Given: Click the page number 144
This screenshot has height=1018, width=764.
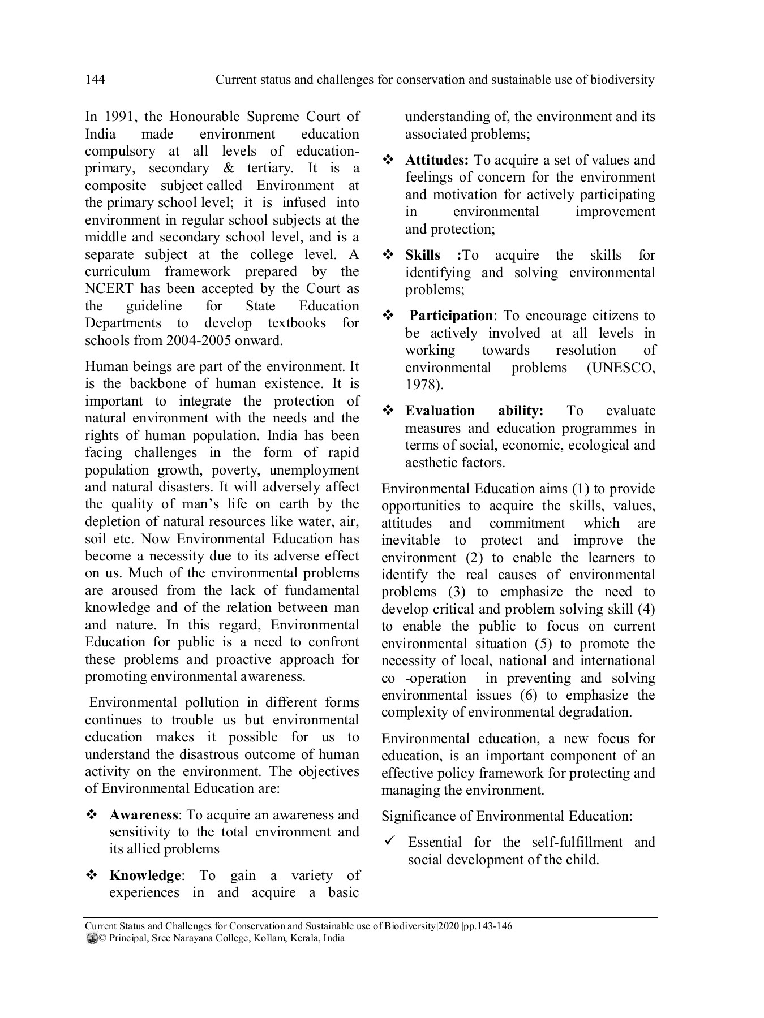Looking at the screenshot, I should click(95, 80).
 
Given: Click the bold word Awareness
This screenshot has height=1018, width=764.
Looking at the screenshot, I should click(144, 815).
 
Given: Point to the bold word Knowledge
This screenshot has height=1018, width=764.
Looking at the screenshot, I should click(145, 875).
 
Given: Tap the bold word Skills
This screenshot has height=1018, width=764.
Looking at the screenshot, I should click(422, 255).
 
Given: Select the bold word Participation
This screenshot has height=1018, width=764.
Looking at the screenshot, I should click(451, 316).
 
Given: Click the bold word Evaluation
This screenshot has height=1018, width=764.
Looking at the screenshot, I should click(440, 411).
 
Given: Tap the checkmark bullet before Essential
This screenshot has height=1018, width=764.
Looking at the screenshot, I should click(389, 842).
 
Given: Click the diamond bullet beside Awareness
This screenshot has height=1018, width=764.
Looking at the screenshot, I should click(91, 815).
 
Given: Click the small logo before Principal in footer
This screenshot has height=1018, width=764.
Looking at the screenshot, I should click(92, 938).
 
